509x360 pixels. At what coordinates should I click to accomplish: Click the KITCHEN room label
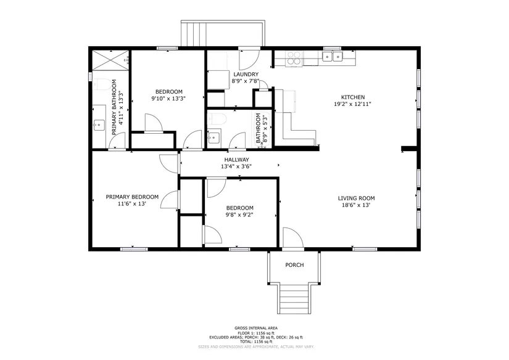pos(352,97)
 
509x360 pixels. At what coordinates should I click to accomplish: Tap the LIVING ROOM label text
pos(356,198)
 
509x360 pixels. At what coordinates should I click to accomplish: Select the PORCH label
pos(294,265)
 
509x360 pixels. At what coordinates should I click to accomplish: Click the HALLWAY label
pos(237,160)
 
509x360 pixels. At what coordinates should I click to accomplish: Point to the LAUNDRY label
pos(246,74)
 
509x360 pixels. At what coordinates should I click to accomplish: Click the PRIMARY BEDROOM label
pos(132,197)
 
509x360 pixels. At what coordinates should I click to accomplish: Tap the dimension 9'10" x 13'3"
pos(168,99)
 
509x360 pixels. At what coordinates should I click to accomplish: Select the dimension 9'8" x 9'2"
pos(239,215)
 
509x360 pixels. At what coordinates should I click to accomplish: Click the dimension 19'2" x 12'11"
pos(352,104)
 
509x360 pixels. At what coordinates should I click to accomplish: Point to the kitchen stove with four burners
pos(294,59)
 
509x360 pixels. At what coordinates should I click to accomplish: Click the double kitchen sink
pos(333,57)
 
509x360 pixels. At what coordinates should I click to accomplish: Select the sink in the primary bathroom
pos(99,125)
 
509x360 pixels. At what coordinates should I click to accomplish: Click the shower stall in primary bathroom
pos(110,59)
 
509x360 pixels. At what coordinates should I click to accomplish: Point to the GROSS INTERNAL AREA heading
pos(256,328)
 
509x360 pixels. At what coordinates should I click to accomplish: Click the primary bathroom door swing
pos(117,142)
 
